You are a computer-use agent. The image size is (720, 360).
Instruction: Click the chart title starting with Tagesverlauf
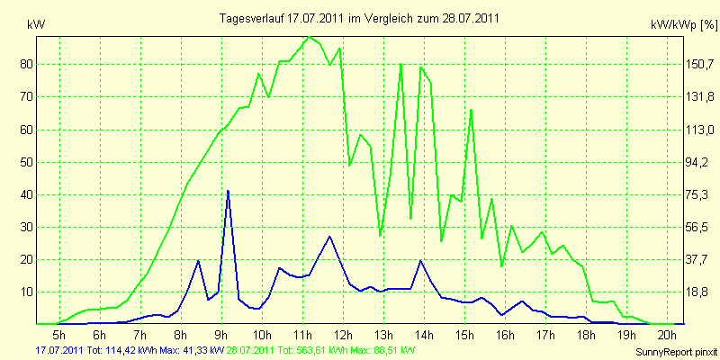(x=359, y=18)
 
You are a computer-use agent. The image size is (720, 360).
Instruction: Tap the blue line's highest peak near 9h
(x=228, y=191)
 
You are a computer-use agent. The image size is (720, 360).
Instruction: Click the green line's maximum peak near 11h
(x=310, y=36)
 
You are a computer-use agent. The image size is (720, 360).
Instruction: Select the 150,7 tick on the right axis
(x=695, y=64)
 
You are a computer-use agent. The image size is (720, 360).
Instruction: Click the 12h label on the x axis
(x=344, y=334)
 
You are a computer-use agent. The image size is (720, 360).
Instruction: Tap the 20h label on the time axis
(x=667, y=334)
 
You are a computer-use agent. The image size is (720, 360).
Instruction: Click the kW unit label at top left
(x=36, y=25)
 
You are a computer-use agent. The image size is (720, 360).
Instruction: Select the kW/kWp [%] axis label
(x=684, y=25)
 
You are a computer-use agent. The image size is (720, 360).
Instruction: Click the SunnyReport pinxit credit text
(x=676, y=352)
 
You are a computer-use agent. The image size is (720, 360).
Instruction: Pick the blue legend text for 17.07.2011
(x=130, y=350)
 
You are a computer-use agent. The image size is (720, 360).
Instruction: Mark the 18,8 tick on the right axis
(x=693, y=292)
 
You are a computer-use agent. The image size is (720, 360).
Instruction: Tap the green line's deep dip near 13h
(x=380, y=236)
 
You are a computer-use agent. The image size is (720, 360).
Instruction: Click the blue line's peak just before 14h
(x=420, y=260)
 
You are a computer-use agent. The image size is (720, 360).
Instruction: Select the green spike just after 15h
(x=471, y=110)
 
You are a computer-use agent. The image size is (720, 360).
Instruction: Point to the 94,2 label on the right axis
(x=693, y=162)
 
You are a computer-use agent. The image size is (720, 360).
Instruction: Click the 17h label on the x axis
(x=546, y=334)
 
